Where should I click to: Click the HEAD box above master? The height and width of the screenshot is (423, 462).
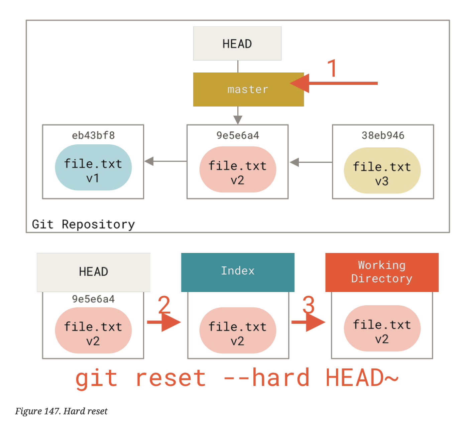click(237, 43)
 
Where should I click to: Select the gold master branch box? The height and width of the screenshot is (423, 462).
click(248, 90)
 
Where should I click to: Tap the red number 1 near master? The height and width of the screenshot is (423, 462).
click(332, 68)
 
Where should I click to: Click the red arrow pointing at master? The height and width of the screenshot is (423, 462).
click(334, 83)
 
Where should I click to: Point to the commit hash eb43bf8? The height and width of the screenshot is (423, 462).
click(93, 135)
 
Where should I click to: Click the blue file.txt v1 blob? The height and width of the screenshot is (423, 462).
click(93, 168)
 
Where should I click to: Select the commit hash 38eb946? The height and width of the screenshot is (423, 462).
click(383, 135)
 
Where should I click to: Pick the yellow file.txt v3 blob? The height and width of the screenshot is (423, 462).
click(382, 171)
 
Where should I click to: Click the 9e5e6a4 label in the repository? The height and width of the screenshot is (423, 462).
click(238, 135)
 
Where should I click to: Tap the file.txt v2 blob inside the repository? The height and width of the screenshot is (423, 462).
click(238, 170)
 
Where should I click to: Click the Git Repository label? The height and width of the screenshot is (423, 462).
click(83, 224)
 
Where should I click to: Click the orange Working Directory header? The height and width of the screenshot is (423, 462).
click(382, 272)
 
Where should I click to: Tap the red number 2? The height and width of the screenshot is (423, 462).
click(164, 305)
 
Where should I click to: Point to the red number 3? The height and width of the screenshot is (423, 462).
click(309, 305)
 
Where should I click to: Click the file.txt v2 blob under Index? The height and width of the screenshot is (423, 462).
click(238, 330)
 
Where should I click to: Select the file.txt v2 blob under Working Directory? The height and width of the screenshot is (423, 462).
click(382, 328)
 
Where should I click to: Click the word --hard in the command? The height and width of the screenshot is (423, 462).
click(266, 378)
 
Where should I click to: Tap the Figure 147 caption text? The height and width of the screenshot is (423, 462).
click(61, 411)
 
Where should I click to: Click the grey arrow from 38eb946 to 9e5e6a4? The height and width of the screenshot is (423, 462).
click(311, 162)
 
